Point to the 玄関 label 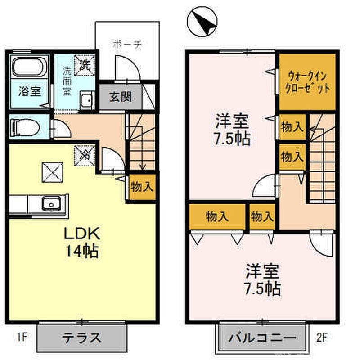pos(120,97)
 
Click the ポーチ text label pos(127,45)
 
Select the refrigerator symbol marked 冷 pos(85,155)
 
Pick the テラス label pos(81,337)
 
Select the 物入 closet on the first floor pos(142,186)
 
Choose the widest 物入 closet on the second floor pos(217,217)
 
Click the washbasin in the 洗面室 pos(85,100)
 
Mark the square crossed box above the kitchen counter pos(52,171)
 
